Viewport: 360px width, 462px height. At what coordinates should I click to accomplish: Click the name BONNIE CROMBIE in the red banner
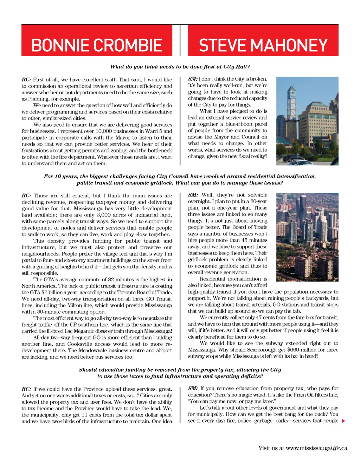click(x=97, y=45)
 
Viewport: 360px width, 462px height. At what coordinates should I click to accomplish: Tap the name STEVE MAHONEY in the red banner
click(x=263, y=45)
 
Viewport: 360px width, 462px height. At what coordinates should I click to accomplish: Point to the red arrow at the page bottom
click(x=343, y=421)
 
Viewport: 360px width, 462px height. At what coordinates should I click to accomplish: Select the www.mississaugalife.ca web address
click(x=316, y=448)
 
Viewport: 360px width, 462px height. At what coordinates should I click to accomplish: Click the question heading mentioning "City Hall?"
click(x=180, y=66)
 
